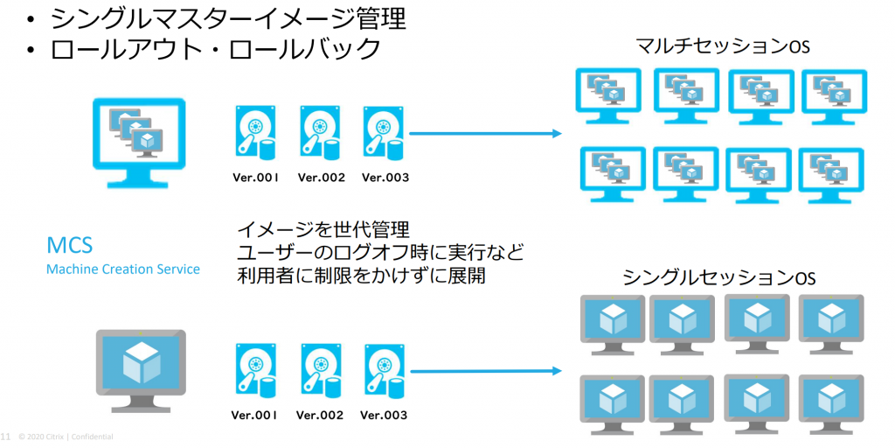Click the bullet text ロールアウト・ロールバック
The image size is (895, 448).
pos(215,49)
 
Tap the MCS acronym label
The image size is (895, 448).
pos(70,244)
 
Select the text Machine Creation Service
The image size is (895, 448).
pos(122,269)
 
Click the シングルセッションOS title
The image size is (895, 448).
pos(718,278)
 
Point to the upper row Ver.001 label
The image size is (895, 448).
pos(256,178)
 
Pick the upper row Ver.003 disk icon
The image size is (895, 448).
pos(382,133)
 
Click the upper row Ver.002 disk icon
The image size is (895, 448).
pos(319,133)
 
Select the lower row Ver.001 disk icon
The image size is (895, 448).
pos(255,371)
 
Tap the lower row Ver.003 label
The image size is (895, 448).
pos(384,415)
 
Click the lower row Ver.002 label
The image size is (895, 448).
pos(320,415)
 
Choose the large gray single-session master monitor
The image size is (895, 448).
pos(140,369)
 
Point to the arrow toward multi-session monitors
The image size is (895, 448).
pos(485,134)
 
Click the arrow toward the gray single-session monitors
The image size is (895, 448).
pos(485,371)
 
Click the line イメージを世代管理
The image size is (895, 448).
pos(323,232)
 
